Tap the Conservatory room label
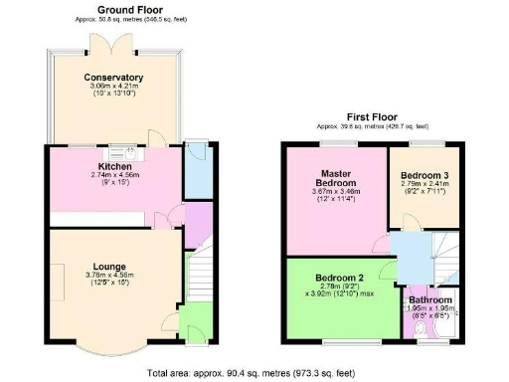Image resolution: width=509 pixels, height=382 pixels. coord(113,78)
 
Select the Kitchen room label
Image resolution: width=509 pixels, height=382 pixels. coord(114,165)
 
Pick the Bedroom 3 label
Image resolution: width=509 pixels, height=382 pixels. coord(423,175)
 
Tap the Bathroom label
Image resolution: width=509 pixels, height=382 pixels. coord(430,299)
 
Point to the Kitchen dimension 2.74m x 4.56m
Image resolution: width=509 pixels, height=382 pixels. coord(114,175)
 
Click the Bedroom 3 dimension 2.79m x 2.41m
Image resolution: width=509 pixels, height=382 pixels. coord(423,185)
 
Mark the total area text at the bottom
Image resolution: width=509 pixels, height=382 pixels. coord(254,373)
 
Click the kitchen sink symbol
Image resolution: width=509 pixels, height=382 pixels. coord(129,151)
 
